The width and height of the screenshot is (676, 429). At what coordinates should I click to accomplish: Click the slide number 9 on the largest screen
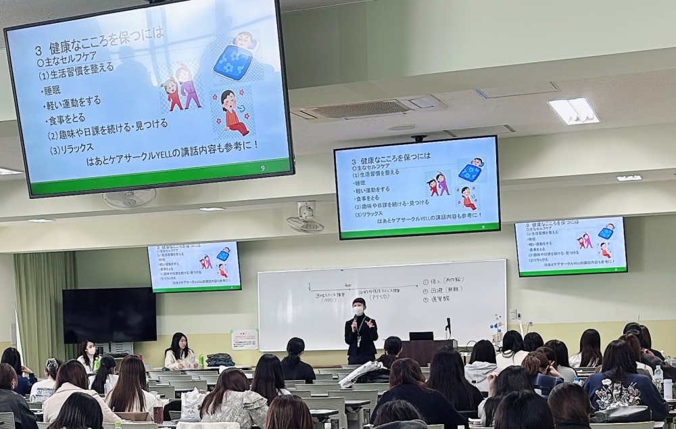pos(262,168)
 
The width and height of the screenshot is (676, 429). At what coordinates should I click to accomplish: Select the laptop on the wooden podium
pos(420,336)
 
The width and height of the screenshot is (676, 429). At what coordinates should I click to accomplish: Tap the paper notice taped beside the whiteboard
pos(244,338)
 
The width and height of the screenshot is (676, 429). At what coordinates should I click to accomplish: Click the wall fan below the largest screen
pos(129,198)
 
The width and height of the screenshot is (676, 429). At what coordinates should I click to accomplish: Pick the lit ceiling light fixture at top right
pos(573,111)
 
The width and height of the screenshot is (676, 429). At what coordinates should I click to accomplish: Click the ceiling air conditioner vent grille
pos(360,109)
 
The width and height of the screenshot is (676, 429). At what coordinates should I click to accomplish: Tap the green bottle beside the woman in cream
pos(201,360)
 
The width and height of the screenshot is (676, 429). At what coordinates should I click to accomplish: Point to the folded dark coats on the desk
pos(220,360)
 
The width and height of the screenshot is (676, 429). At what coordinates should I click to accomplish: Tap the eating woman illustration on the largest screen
pos(233,112)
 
